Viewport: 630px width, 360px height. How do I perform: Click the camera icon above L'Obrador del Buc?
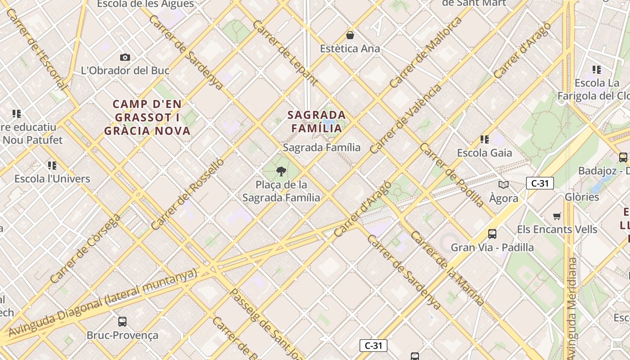point(125,57)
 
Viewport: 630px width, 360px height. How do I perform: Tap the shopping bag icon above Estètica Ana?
point(350,35)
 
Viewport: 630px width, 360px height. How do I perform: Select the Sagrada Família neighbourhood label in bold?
point(317,121)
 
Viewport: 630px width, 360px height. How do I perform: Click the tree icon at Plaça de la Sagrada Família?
point(281,171)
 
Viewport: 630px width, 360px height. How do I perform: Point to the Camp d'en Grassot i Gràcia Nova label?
point(148,117)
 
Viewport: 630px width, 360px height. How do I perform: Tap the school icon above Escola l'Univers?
point(52,165)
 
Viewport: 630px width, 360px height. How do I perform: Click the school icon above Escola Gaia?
point(485,139)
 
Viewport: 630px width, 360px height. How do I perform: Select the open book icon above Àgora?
point(504,184)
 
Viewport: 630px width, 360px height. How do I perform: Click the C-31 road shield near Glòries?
point(540,183)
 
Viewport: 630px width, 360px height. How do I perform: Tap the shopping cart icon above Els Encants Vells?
point(557,216)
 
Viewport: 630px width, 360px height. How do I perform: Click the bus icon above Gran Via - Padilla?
point(492,234)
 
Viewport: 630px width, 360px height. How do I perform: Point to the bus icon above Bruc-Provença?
point(122,321)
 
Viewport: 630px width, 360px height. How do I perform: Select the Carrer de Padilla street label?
point(452,175)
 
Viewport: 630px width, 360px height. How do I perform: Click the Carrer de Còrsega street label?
point(85,248)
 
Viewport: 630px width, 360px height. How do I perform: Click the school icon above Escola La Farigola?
point(597,70)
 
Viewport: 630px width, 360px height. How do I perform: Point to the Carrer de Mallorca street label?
point(425,53)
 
